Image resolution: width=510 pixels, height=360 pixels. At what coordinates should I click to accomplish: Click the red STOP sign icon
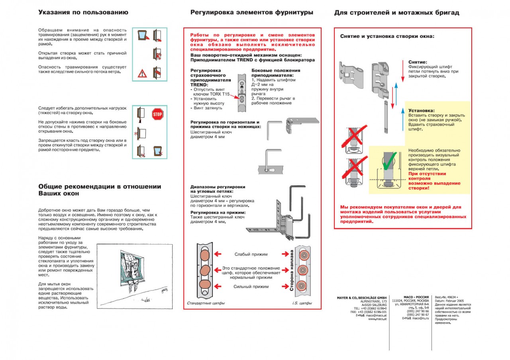158,115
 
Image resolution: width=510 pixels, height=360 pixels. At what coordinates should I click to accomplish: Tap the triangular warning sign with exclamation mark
142,73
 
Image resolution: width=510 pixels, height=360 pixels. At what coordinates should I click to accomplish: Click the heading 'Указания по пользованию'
83,12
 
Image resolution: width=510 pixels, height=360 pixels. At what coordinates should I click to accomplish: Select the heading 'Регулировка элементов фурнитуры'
252,12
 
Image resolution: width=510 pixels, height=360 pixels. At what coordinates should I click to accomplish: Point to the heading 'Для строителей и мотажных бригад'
397,13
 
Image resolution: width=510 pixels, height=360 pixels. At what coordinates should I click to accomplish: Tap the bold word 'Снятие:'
418,62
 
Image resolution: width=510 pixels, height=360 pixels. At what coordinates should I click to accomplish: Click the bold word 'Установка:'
421,110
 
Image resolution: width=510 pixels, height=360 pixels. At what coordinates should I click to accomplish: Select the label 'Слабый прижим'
251,254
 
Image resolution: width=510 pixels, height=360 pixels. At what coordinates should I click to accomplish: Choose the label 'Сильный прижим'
251,286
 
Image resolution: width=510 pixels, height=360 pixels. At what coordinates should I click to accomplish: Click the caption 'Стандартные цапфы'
206,303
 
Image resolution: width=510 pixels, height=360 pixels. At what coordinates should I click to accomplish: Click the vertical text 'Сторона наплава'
292,270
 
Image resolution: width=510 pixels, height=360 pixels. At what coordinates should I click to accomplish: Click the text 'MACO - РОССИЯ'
416,297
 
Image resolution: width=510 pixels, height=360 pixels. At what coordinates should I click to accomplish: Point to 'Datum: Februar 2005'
449,301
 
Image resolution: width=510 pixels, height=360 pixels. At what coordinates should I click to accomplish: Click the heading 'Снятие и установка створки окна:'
387,36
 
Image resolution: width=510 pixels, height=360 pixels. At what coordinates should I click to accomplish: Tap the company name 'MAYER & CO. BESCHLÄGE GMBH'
362,297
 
